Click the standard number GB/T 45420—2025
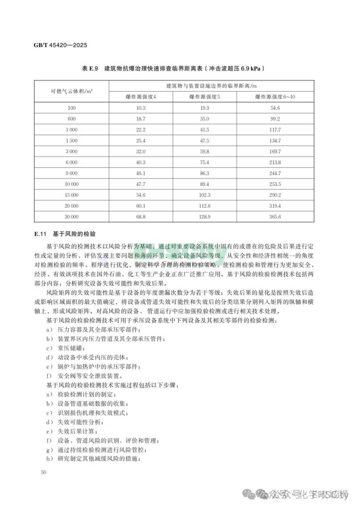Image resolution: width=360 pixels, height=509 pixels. point(60,45)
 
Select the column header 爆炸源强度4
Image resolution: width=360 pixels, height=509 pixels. point(141,97)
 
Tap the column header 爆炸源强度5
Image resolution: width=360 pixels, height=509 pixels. point(205,97)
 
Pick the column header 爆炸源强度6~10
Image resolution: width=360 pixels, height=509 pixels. point(275,97)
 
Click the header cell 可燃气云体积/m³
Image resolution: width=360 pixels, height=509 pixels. point(72,91)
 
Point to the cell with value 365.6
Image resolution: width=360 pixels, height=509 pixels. point(275,217)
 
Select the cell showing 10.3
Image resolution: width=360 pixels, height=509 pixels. point(141,108)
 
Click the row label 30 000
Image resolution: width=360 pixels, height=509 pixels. point(72,217)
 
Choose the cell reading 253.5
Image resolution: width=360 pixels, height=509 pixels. point(275,184)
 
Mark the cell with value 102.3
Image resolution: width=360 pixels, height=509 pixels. point(205,195)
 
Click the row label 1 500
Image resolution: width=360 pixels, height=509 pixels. point(72,141)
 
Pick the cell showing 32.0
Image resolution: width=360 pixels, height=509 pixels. point(141,151)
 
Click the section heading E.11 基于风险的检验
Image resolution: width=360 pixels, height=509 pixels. point(65,234)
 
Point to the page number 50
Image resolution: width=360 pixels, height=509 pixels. point(43,472)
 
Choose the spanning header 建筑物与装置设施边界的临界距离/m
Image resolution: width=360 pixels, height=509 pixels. point(211,86)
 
